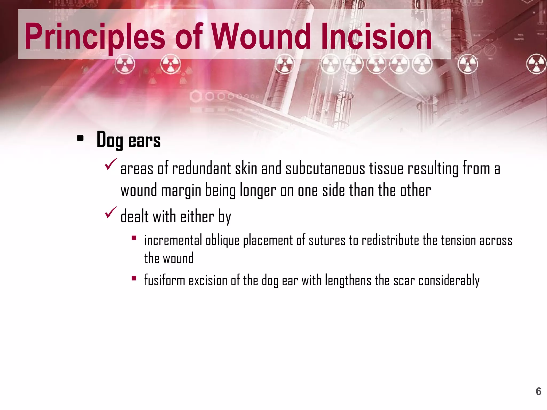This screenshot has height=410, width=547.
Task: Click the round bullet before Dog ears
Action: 80,139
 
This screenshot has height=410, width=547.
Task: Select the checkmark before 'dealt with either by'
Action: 110,212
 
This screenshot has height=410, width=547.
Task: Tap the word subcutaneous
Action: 325,169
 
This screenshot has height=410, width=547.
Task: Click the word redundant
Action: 201,169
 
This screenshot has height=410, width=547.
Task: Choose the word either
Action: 197,216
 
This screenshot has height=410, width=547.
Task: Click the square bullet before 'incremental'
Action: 134,238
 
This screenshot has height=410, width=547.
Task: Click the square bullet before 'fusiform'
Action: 134,278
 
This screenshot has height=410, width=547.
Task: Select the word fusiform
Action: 165,281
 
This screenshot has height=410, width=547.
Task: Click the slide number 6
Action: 538,391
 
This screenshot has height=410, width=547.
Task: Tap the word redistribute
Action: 390,241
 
